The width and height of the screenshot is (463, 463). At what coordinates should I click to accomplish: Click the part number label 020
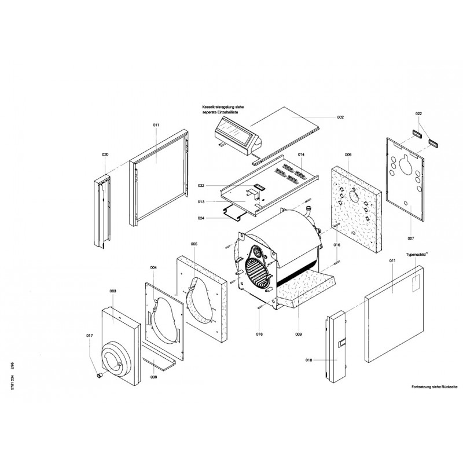[x=105, y=155]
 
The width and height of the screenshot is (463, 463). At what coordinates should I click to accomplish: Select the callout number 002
[x=340, y=117]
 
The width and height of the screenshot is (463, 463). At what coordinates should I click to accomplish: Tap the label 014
[x=301, y=156]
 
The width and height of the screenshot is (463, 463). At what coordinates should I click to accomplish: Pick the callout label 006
[x=348, y=155]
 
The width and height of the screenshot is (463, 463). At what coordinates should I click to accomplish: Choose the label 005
[x=194, y=244]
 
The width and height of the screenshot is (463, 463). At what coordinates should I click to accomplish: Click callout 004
[x=153, y=267]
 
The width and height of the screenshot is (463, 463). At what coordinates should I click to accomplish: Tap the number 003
[x=113, y=291]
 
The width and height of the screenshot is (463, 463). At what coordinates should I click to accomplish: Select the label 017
[x=89, y=336]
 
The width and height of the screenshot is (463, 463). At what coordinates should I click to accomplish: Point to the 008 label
[x=153, y=377]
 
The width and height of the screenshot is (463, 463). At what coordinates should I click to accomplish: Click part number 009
[x=299, y=334]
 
